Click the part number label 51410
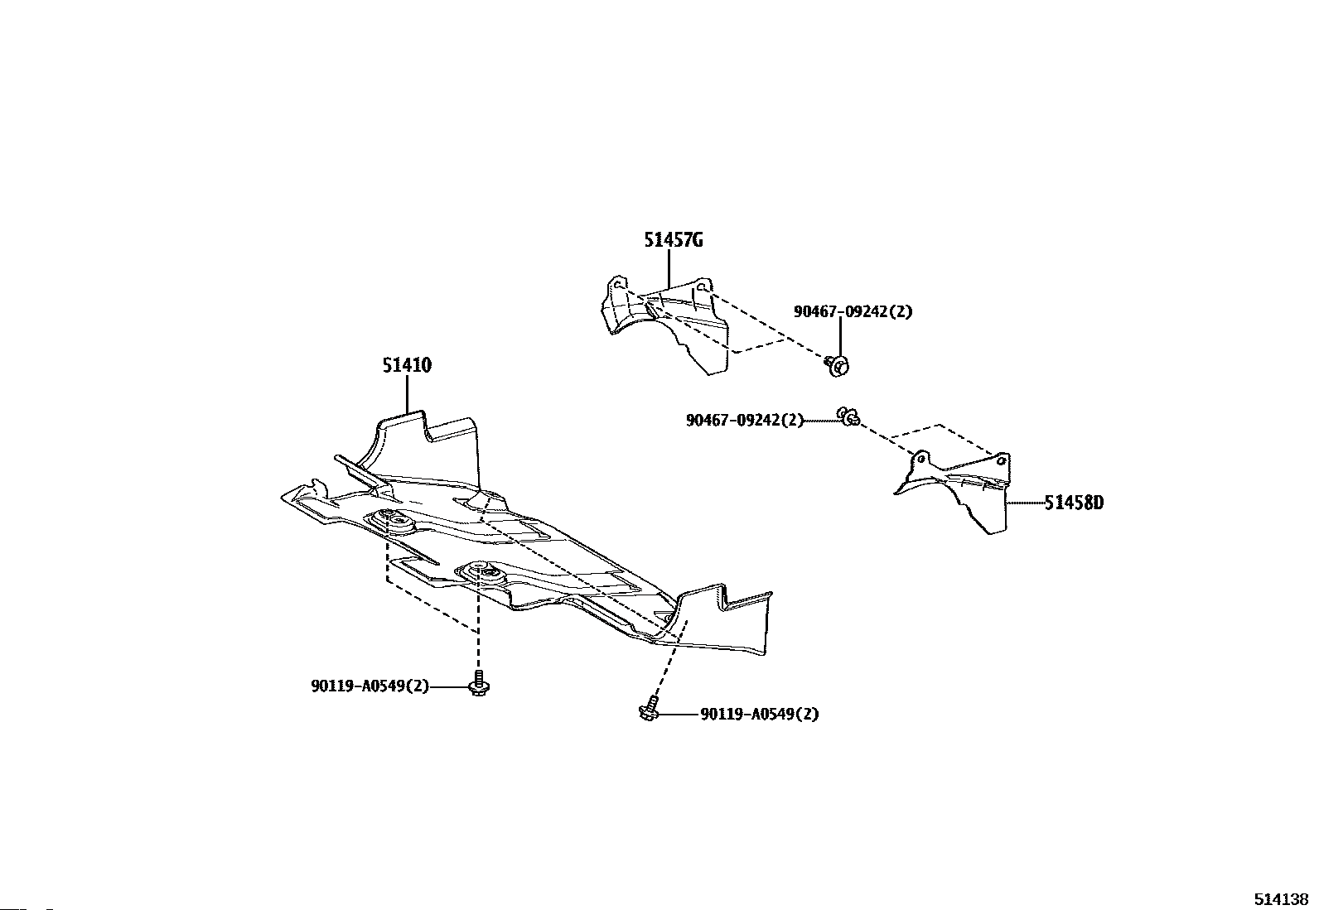(407, 365)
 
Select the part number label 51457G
(674, 240)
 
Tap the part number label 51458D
(1074, 502)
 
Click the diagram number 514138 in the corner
(1279, 899)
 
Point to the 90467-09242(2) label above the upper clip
(853, 311)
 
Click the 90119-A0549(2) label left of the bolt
(370, 686)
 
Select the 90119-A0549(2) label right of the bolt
(759, 714)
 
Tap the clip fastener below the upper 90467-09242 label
(838, 364)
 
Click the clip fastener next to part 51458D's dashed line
(848, 416)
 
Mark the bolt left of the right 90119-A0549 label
(649, 710)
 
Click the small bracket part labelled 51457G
(663, 323)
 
